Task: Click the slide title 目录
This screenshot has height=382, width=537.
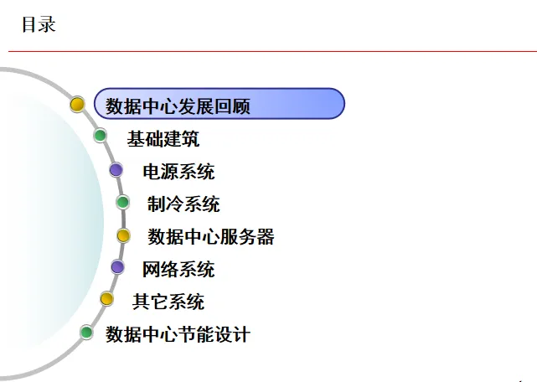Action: [39, 25]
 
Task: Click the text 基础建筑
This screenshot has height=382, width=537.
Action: [163, 138]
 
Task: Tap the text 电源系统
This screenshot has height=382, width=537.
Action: [178, 172]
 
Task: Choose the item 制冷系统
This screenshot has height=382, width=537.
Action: [183, 204]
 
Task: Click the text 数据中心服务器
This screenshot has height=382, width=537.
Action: [211, 236]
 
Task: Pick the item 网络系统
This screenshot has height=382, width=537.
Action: [178, 269]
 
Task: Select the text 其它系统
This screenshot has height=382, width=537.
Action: [168, 302]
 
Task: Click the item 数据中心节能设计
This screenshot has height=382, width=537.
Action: [178, 334]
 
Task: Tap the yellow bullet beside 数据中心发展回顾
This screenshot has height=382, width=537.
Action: [77, 104]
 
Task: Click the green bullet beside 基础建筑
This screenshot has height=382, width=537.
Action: [101, 136]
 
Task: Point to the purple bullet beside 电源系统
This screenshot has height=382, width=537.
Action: [116, 170]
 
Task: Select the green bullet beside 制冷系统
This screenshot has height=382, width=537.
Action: [123, 202]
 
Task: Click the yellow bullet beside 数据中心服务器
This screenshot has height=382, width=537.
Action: [123, 236]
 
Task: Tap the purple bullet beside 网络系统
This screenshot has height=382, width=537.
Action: [117, 267]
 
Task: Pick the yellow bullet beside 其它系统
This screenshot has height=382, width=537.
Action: [106, 298]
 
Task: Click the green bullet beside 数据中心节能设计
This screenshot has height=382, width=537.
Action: [86, 333]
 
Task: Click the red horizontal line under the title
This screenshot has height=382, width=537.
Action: [268, 51]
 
